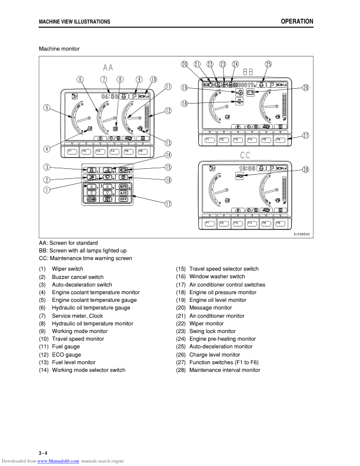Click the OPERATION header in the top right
(296, 21)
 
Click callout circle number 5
(46, 107)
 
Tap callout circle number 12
(168, 110)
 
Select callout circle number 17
(168, 204)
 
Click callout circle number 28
(305, 169)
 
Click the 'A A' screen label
(108, 66)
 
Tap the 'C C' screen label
(245, 155)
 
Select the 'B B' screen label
(249, 71)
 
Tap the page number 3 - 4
(43, 452)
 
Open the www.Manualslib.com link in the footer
(58, 461)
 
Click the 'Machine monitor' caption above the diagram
(59, 48)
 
